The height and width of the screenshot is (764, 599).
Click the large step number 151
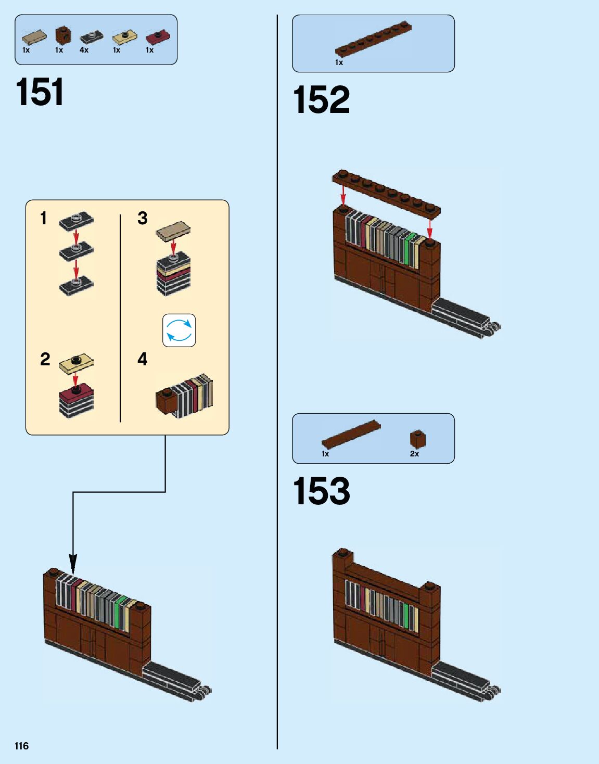tap(40, 93)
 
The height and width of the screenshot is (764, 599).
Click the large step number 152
tap(321, 100)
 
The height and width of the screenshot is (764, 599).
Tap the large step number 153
tap(321, 491)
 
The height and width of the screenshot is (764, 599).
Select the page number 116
tap(21, 746)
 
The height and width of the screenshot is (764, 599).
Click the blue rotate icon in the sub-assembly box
tap(179, 330)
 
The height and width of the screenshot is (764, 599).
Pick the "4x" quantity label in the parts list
tap(84, 50)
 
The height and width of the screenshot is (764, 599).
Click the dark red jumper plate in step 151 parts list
tap(157, 37)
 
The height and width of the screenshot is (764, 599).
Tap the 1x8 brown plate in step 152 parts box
tap(373, 39)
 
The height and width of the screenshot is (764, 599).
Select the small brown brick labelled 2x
tap(417, 439)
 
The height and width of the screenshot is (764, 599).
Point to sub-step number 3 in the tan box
tap(142, 218)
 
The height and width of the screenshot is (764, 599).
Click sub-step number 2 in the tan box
tap(45, 359)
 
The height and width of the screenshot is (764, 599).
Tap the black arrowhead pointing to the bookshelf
tap(73, 565)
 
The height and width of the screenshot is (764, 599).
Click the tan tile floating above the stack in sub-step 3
tap(173, 231)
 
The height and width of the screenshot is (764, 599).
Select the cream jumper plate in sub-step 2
tap(76, 364)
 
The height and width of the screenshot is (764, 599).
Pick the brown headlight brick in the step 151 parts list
tap(63, 35)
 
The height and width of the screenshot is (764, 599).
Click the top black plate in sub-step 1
tap(76, 221)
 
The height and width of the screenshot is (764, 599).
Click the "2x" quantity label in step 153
tap(414, 454)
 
